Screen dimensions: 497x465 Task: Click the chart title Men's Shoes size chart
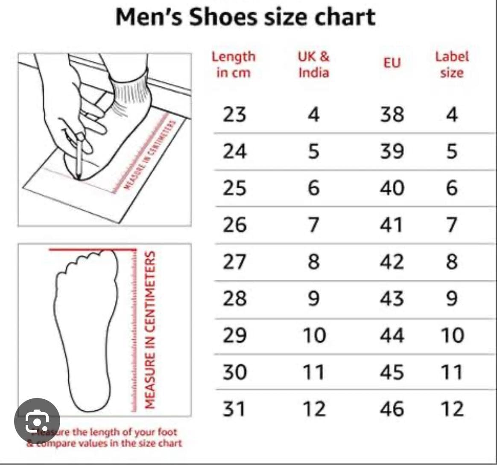coord(246,17)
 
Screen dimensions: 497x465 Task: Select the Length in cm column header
coord(233,64)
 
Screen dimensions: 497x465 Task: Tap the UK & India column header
coord(314,64)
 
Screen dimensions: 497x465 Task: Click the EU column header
coord(392,63)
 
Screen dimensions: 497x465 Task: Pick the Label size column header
coord(452,64)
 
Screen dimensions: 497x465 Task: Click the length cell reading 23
coord(234,114)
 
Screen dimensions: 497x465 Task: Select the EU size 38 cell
coord(392,114)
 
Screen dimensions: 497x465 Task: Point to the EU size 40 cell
coord(392,188)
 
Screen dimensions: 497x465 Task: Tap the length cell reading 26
coord(234,225)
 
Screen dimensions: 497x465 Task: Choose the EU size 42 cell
coord(392,262)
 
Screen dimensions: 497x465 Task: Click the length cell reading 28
coord(234,298)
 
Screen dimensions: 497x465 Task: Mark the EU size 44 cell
coord(392,335)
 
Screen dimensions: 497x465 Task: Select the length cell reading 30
coord(234,372)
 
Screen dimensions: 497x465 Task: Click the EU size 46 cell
coord(392,409)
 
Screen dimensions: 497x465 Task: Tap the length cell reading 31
coord(234,409)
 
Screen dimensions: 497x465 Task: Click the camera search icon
coord(37,421)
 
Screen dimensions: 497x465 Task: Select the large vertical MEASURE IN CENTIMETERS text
coord(150,330)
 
